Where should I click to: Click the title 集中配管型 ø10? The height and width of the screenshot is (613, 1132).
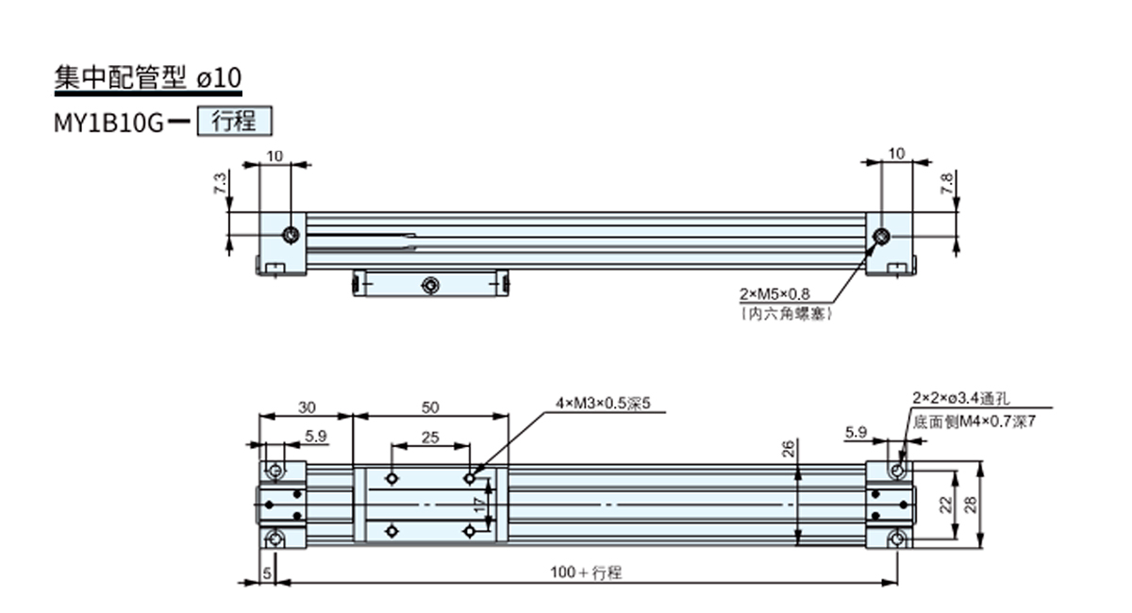pyautogui.click(x=148, y=78)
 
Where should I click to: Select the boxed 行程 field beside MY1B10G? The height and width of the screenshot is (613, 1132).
pyautogui.click(x=234, y=122)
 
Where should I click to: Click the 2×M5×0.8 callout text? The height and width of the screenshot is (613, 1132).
pyautogui.click(x=776, y=294)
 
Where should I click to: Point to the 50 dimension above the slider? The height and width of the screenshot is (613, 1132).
pyautogui.click(x=430, y=407)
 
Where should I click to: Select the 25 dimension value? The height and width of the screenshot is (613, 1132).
pyautogui.click(x=430, y=437)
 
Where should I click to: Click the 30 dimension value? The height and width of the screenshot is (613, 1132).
pyautogui.click(x=307, y=407)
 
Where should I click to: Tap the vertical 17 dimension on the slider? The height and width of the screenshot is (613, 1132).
pyautogui.click(x=480, y=505)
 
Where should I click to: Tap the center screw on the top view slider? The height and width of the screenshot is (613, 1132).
pyautogui.click(x=430, y=283)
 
